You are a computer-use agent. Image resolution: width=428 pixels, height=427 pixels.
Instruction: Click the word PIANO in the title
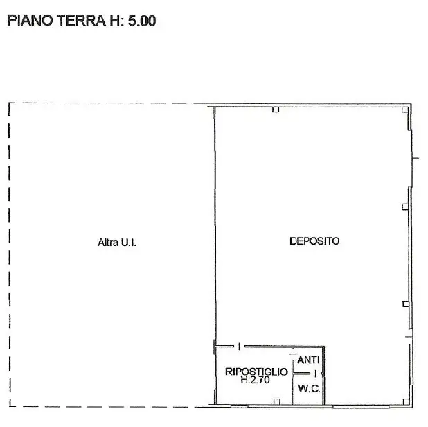[x=30, y=21]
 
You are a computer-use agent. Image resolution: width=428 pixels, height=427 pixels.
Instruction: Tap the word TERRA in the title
[x=81, y=21]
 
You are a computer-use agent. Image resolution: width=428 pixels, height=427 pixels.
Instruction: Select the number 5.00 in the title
[x=142, y=21]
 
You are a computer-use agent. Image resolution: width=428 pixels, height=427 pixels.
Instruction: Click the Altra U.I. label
[x=117, y=243]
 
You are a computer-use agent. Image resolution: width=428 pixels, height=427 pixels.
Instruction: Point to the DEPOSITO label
[x=314, y=241]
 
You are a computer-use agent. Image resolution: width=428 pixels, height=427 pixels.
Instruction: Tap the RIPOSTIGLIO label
[x=256, y=372]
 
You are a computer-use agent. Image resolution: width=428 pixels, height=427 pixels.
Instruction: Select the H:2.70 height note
[x=256, y=380]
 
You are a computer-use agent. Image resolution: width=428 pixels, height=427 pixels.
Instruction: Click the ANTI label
[x=308, y=360]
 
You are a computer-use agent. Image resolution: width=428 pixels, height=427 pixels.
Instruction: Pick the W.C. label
[x=309, y=388]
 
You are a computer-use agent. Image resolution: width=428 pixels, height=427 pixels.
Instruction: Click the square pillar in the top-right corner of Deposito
[x=405, y=110]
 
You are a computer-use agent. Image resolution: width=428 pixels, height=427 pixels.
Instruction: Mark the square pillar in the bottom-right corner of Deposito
[x=406, y=401]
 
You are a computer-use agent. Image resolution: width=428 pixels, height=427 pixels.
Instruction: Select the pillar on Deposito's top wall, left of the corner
[x=276, y=110]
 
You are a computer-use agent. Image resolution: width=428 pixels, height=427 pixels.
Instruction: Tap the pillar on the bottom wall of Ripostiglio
[x=277, y=401]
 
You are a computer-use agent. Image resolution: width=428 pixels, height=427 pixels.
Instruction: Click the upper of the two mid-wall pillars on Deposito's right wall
[x=405, y=207]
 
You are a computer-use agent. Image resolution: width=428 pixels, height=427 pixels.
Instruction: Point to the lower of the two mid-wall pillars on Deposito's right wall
[x=406, y=304]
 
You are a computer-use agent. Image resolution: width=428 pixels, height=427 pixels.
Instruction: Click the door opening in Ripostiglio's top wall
[x=239, y=347]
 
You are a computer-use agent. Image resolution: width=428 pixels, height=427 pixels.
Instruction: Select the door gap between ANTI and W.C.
[x=316, y=374]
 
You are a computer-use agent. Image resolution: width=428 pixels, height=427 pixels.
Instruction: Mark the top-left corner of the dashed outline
[x=9, y=103]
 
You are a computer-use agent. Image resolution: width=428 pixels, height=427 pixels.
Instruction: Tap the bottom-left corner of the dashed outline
[x=10, y=406]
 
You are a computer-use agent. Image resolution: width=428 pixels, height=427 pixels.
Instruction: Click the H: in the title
[x=117, y=21]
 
